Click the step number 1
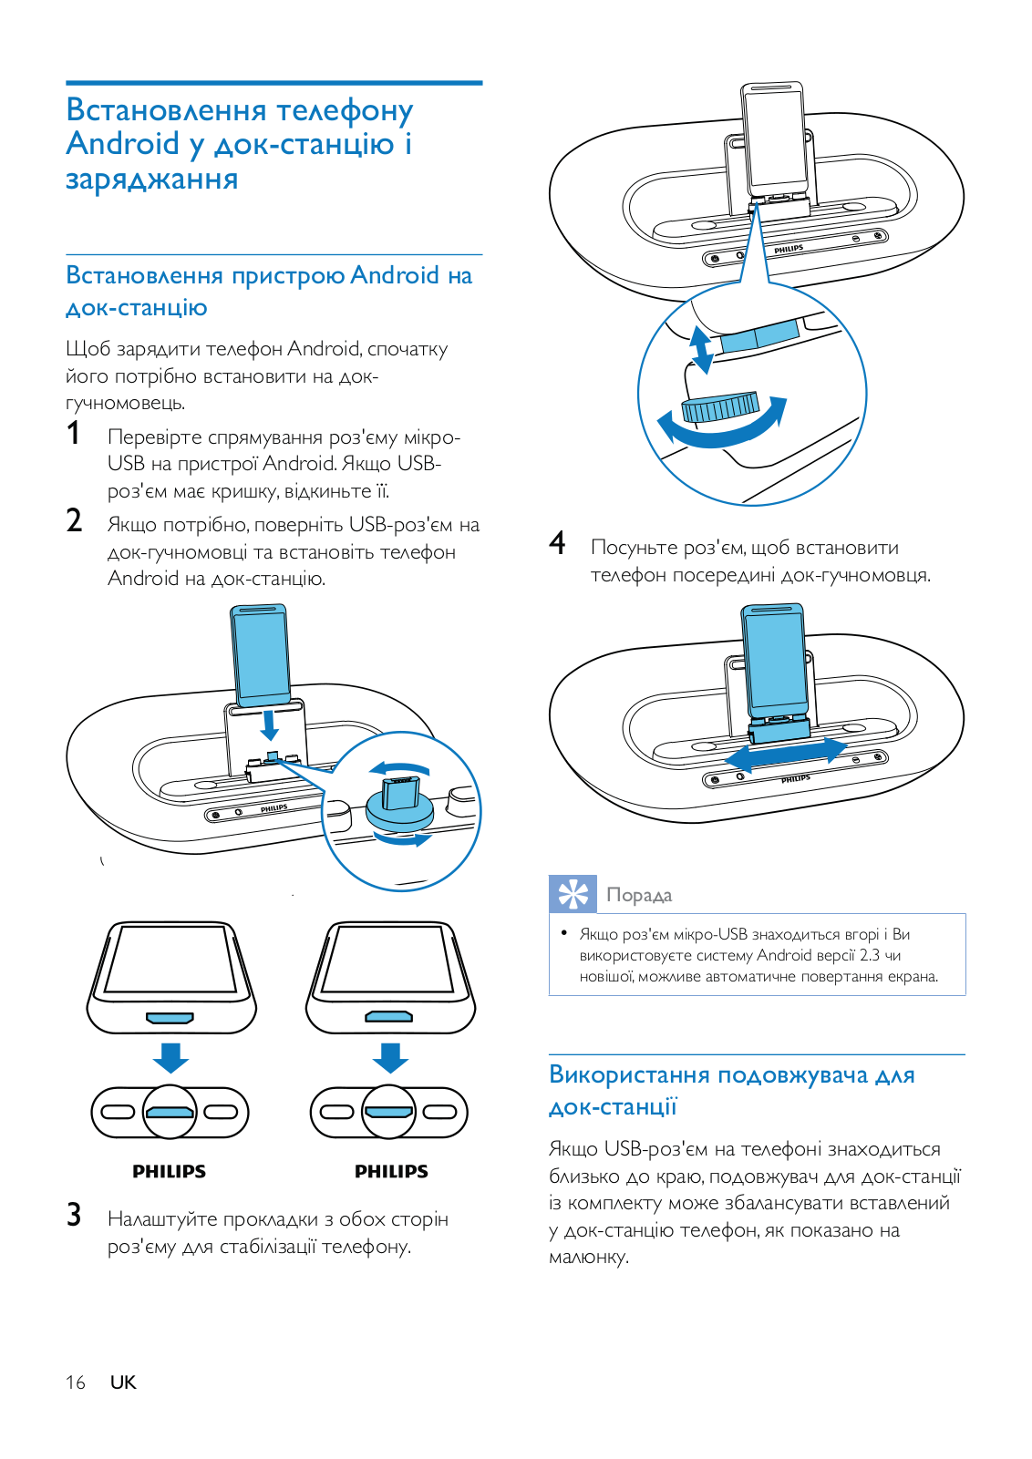click(x=74, y=433)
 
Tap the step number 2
click(x=75, y=520)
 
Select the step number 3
click(x=74, y=1215)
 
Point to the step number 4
click(x=557, y=543)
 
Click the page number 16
click(x=75, y=1382)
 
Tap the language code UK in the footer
click(x=123, y=1382)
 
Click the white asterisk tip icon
click(x=573, y=894)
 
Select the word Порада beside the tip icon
click(x=639, y=895)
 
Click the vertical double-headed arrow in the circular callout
click(x=700, y=350)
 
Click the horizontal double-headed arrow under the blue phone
click(x=786, y=754)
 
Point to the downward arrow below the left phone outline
click(x=170, y=1057)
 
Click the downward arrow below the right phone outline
click(x=390, y=1057)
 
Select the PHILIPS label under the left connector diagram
click(x=170, y=1172)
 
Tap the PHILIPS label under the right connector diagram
click(x=391, y=1172)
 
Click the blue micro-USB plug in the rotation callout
click(x=400, y=792)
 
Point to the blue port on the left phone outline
click(x=170, y=1017)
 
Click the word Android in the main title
click(x=123, y=144)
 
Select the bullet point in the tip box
click(x=564, y=933)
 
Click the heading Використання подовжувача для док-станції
click(x=731, y=1090)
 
